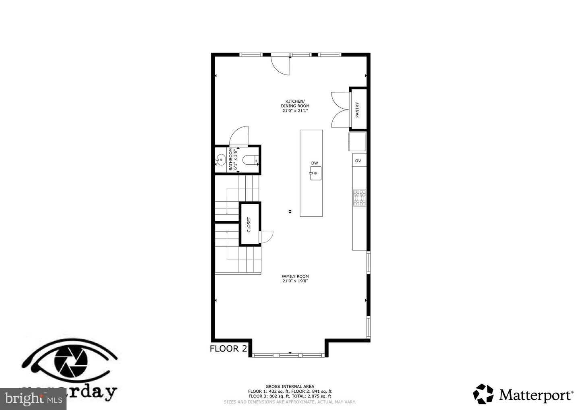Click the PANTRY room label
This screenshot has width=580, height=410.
tap(357, 110)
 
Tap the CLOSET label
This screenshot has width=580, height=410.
tap(249, 225)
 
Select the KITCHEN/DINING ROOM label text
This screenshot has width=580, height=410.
tap(295, 106)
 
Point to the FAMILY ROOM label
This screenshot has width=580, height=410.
tap(295, 279)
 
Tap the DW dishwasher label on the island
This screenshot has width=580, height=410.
tap(315, 163)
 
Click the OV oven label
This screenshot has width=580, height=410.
tap(358, 161)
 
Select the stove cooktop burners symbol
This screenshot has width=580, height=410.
tap(359, 198)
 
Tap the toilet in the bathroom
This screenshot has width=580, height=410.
tap(251, 160)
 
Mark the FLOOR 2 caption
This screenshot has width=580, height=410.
tap(228, 349)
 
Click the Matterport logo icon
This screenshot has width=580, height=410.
tap(483, 393)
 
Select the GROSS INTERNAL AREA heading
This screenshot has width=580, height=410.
tap(290, 386)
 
